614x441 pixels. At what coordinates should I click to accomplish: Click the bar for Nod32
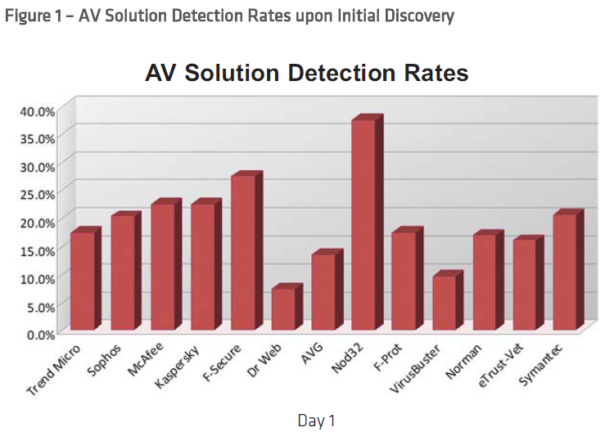pyautogui.click(x=363, y=225)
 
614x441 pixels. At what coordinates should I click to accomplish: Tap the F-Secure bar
pyautogui.click(x=242, y=253)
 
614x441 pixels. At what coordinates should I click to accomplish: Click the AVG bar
pyautogui.click(x=323, y=292)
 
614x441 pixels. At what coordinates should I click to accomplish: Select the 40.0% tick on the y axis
pyautogui.click(x=38, y=110)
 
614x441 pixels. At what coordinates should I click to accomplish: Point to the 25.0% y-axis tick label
pyautogui.click(x=38, y=194)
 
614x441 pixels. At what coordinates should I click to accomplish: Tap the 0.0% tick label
pyautogui.click(x=41, y=334)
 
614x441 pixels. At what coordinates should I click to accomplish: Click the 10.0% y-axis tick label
pyautogui.click(x=38, y=278)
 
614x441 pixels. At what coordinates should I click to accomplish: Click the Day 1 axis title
pyautogui.click(x=316, y=421)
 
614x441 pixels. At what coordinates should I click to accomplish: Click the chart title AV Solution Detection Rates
pyautogui.click(x=306, y=73)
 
